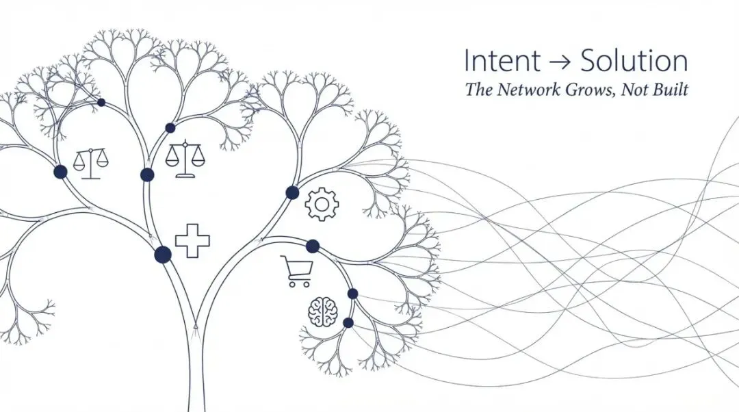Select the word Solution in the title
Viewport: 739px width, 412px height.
pos(634,62)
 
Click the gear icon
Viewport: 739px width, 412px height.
pos(322,204)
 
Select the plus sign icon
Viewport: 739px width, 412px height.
pos(192,241)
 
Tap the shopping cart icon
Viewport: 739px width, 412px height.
pos(297,271)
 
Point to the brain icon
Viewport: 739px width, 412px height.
pos(323,311)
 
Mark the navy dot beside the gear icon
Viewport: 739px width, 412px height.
pos(292,192)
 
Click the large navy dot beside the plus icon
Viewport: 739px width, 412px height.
pos(163,255)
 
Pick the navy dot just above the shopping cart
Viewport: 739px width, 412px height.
pos(313,246)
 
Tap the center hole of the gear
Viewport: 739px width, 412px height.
pos(322,204)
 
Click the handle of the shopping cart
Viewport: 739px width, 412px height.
pos(284,259)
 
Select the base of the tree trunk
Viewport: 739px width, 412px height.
pos(196,404)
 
